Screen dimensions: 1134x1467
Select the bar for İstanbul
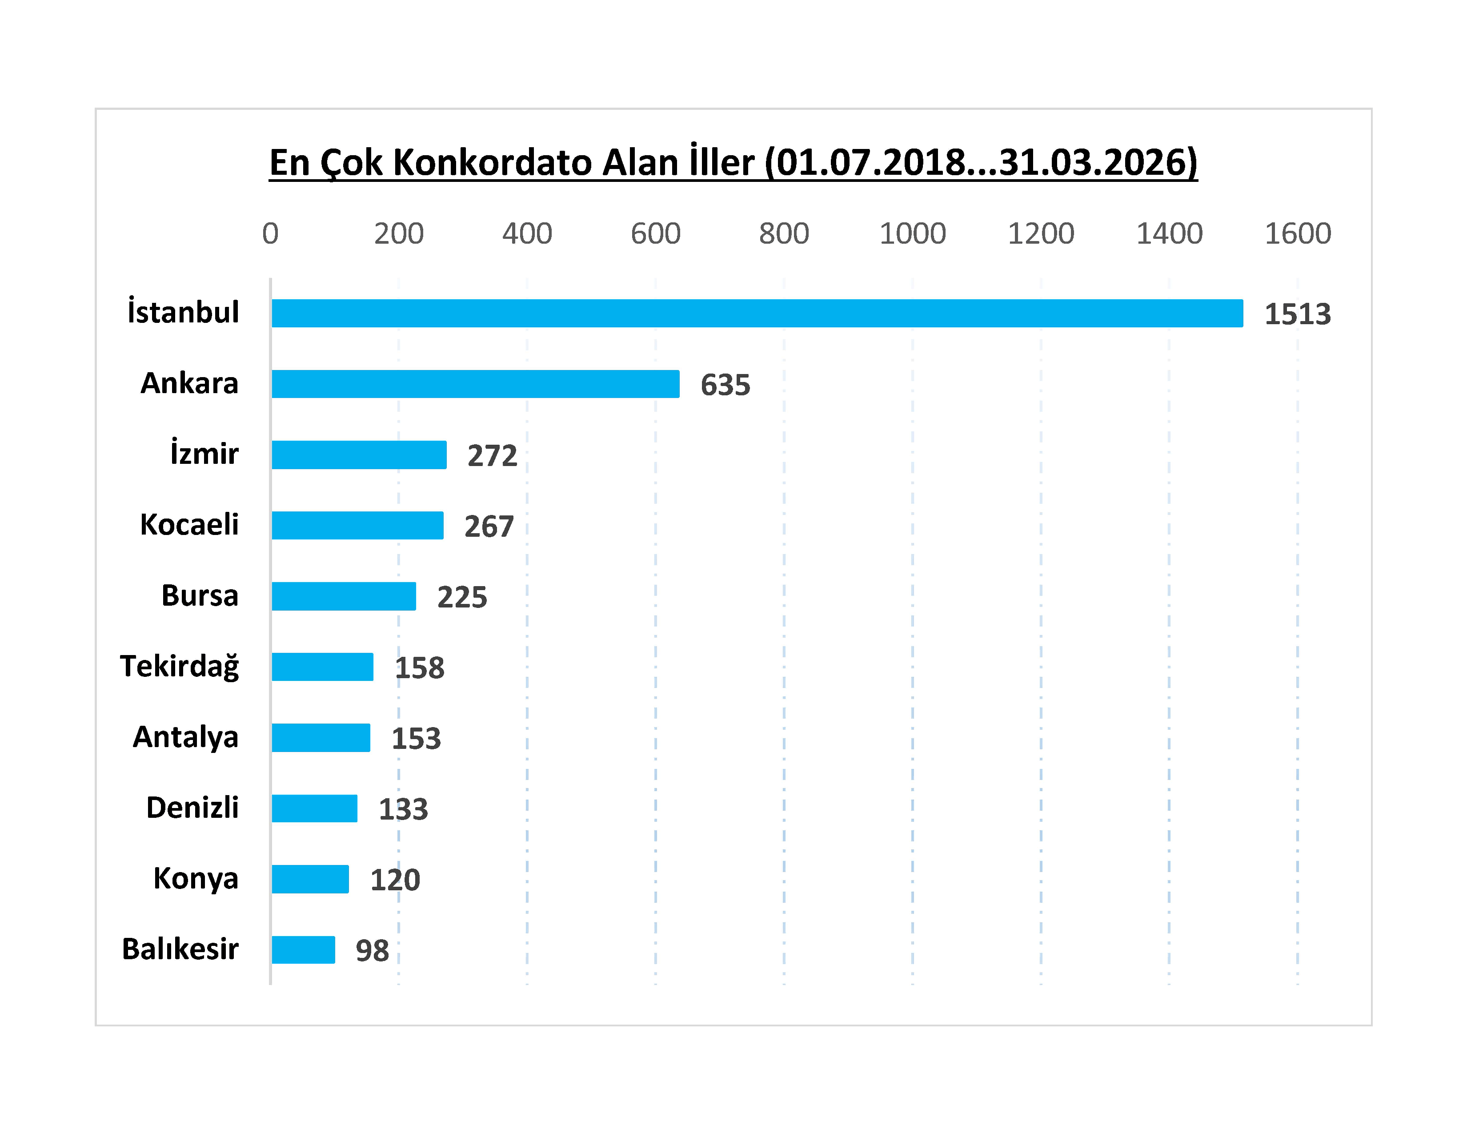point(757,313)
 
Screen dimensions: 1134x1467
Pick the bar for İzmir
point(359,455)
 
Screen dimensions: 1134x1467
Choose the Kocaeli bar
point(357,525)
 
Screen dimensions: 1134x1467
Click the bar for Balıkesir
point(303,950)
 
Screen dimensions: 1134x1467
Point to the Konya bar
point(310,879)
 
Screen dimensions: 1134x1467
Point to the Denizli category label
point(192,808)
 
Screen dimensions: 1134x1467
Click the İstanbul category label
point(183,312)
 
